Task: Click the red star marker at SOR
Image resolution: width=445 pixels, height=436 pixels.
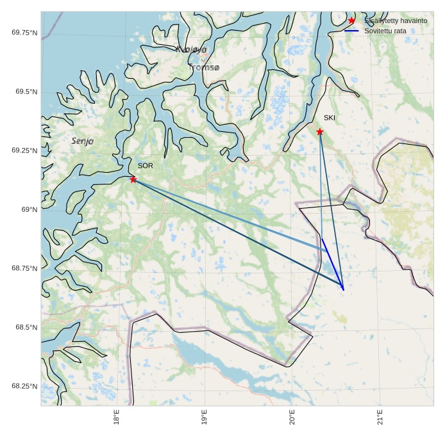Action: coord(133,179)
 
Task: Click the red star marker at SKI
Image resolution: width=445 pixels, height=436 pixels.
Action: coord(319,132)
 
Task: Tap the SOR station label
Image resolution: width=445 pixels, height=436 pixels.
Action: coord(146,166)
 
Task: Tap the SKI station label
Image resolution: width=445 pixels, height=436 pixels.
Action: coord(330,118)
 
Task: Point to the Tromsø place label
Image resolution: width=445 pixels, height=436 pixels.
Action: coord(204,67)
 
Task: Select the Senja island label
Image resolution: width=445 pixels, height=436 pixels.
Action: coord(83,141)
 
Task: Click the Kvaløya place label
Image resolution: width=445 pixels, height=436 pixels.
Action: coord(191,49)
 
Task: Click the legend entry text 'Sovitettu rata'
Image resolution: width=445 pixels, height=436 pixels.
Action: coord(385,31)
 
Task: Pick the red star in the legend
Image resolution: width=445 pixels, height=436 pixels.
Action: coord(351,20)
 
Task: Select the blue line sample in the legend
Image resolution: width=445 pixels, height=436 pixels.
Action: coord(351,31)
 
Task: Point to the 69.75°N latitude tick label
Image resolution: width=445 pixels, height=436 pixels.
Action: coord(24,33)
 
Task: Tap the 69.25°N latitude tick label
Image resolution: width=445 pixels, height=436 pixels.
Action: coord(24,150)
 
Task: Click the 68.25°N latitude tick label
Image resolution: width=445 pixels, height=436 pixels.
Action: coord(24,386)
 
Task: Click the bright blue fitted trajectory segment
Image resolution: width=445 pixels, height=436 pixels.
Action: coord(333,264)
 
